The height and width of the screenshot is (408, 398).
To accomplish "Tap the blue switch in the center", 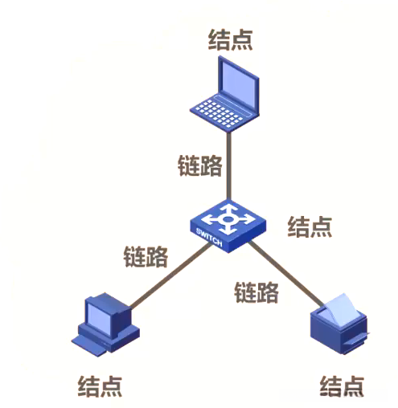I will pos(226,223).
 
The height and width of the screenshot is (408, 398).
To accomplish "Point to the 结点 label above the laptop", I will pos(230,39).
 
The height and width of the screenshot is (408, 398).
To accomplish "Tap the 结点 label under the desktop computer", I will pos(100,386).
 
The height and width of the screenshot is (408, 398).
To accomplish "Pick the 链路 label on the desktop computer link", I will pos(146,257).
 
